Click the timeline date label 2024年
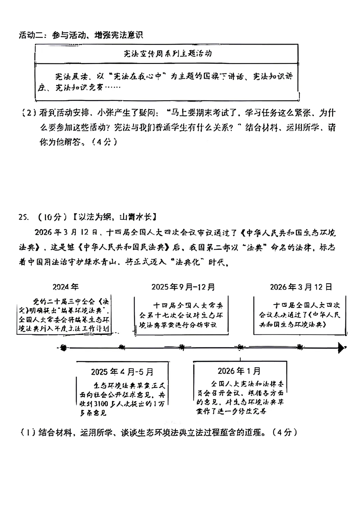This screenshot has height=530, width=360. [x=66, y=287]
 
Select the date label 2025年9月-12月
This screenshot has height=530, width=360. [x=183, y=287]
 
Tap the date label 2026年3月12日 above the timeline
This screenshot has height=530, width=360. [x=301, y=287]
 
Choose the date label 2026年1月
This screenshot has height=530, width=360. [x=239, y=371]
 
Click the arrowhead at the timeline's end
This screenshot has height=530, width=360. [x=341, y=348]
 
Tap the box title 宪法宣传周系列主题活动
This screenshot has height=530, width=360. [x=167, y=53]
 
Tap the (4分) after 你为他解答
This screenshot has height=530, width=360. [x=105, y=142]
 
